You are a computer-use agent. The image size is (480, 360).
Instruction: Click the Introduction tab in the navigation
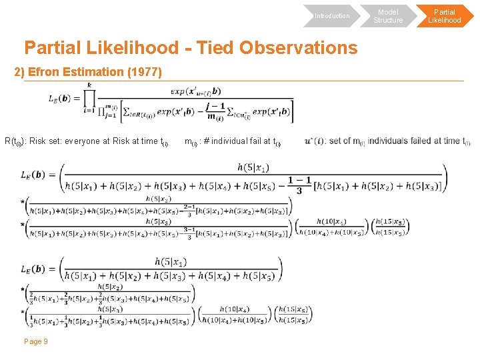(331, 15)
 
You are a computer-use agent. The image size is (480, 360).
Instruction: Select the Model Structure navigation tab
(388, 16)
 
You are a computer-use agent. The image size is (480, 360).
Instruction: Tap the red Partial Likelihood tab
(444, 16)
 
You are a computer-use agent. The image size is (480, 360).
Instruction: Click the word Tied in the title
(212, 48)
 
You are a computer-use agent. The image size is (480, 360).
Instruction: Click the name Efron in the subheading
(47, 71)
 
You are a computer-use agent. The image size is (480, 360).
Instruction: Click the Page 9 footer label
(35, 341)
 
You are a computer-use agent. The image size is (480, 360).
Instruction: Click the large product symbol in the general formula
(89, 98)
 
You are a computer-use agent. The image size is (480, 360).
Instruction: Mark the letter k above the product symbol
(89, 85)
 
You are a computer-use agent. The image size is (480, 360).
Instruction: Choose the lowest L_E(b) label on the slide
(33, 269)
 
